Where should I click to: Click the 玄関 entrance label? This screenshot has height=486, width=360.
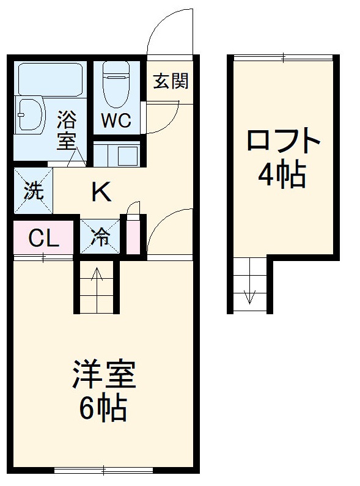tap(170, 81)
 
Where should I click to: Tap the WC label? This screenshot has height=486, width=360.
tap(116, 120)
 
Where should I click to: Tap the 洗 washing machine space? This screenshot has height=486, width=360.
tap(33, 191)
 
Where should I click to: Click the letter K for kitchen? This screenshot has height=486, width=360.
tap(101, 193)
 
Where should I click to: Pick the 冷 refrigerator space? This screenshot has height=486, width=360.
tap(101, 237)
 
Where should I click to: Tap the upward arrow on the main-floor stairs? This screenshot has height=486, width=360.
tap(97, 282)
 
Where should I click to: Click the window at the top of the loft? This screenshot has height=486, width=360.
tap(284, 58)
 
